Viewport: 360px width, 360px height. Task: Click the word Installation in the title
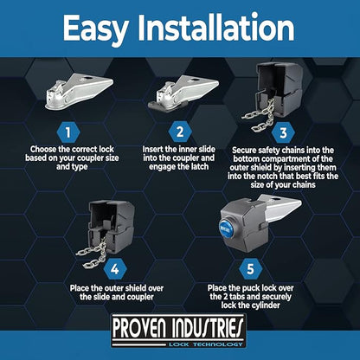coord(216,27)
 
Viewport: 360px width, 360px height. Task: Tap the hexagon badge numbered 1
coord(68,132)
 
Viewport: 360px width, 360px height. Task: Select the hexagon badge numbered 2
coord(180,132)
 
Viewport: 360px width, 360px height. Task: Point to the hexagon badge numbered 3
coord(283,132)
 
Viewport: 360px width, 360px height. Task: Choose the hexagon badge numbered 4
coord(115,269)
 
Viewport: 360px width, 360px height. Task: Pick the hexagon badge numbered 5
coord(250,269)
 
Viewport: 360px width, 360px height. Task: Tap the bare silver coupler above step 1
coord(79,91)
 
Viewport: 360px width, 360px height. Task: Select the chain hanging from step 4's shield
coord(93,254)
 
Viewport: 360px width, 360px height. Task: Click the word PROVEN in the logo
coord(139,328)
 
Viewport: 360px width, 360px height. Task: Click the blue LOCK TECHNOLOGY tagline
coord(205,344)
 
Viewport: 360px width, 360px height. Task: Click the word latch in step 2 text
coord(197,166)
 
